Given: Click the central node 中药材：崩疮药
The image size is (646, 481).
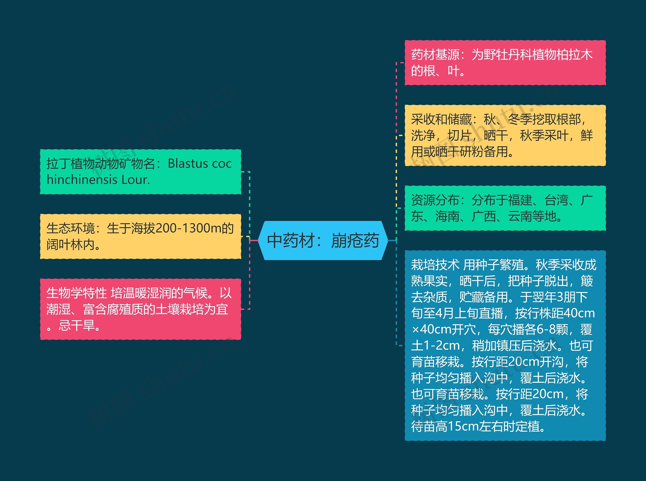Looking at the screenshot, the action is [x=323, y=240].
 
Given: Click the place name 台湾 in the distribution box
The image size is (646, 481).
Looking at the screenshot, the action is [x=556, y=200].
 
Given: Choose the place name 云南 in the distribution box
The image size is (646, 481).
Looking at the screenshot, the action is [x=520, y=216].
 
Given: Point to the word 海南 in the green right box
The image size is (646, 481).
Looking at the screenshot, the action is [x=447, y=216].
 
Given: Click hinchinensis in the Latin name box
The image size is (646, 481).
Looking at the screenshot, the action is [x=82, y=180].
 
